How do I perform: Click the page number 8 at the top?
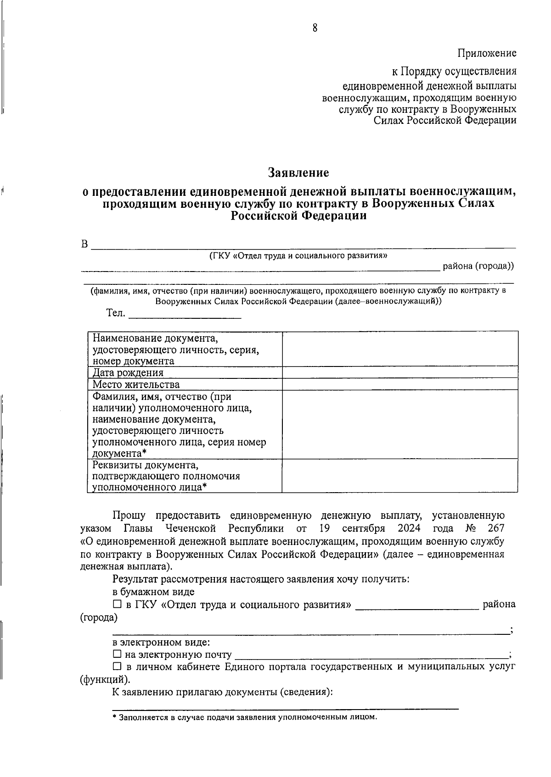tap(315, 28)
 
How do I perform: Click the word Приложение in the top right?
tap(487, 53)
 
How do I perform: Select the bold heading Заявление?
tap(298, 173)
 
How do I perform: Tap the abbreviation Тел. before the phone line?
tap(116, 313)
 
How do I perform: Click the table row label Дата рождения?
tap(128, 373)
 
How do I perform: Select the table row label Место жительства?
tap(136, 384)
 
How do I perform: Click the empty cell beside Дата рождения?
tap(400, 372)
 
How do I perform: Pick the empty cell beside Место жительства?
tap(400, 384)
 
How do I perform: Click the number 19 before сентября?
tap(325, 528)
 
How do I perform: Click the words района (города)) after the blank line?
tap(478, 266)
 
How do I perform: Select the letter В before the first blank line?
tap(84, 244)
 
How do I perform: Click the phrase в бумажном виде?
tap(153, 592)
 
